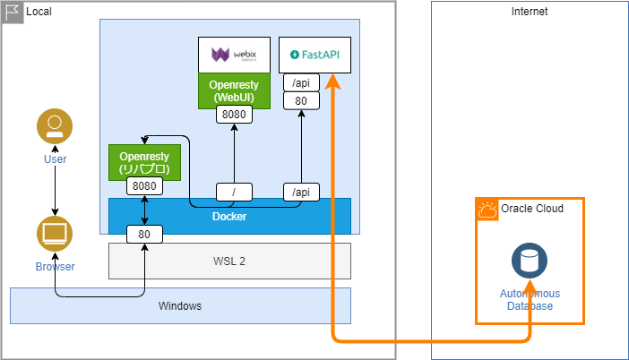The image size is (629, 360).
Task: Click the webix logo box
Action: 233,55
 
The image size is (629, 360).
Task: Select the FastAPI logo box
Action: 314,55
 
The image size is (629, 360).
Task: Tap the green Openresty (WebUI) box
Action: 233,90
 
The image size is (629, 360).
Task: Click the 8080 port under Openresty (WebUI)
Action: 233,115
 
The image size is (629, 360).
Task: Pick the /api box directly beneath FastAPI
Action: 301,82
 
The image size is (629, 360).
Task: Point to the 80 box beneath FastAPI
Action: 301,100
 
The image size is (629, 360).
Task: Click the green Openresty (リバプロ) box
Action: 144,161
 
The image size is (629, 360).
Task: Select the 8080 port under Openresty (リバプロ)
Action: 144,186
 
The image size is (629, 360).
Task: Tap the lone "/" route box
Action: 234,192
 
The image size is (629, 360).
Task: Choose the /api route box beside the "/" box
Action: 301,192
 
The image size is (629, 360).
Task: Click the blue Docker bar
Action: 229,216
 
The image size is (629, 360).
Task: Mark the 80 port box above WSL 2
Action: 144,235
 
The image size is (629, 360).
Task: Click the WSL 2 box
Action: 229,261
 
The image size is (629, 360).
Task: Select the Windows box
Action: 180,305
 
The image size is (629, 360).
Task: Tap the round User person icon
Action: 55,126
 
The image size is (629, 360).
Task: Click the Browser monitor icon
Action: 55,234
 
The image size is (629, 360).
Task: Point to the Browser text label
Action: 56,266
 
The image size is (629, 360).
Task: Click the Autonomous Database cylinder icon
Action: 530,261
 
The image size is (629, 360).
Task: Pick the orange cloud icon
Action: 488,210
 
